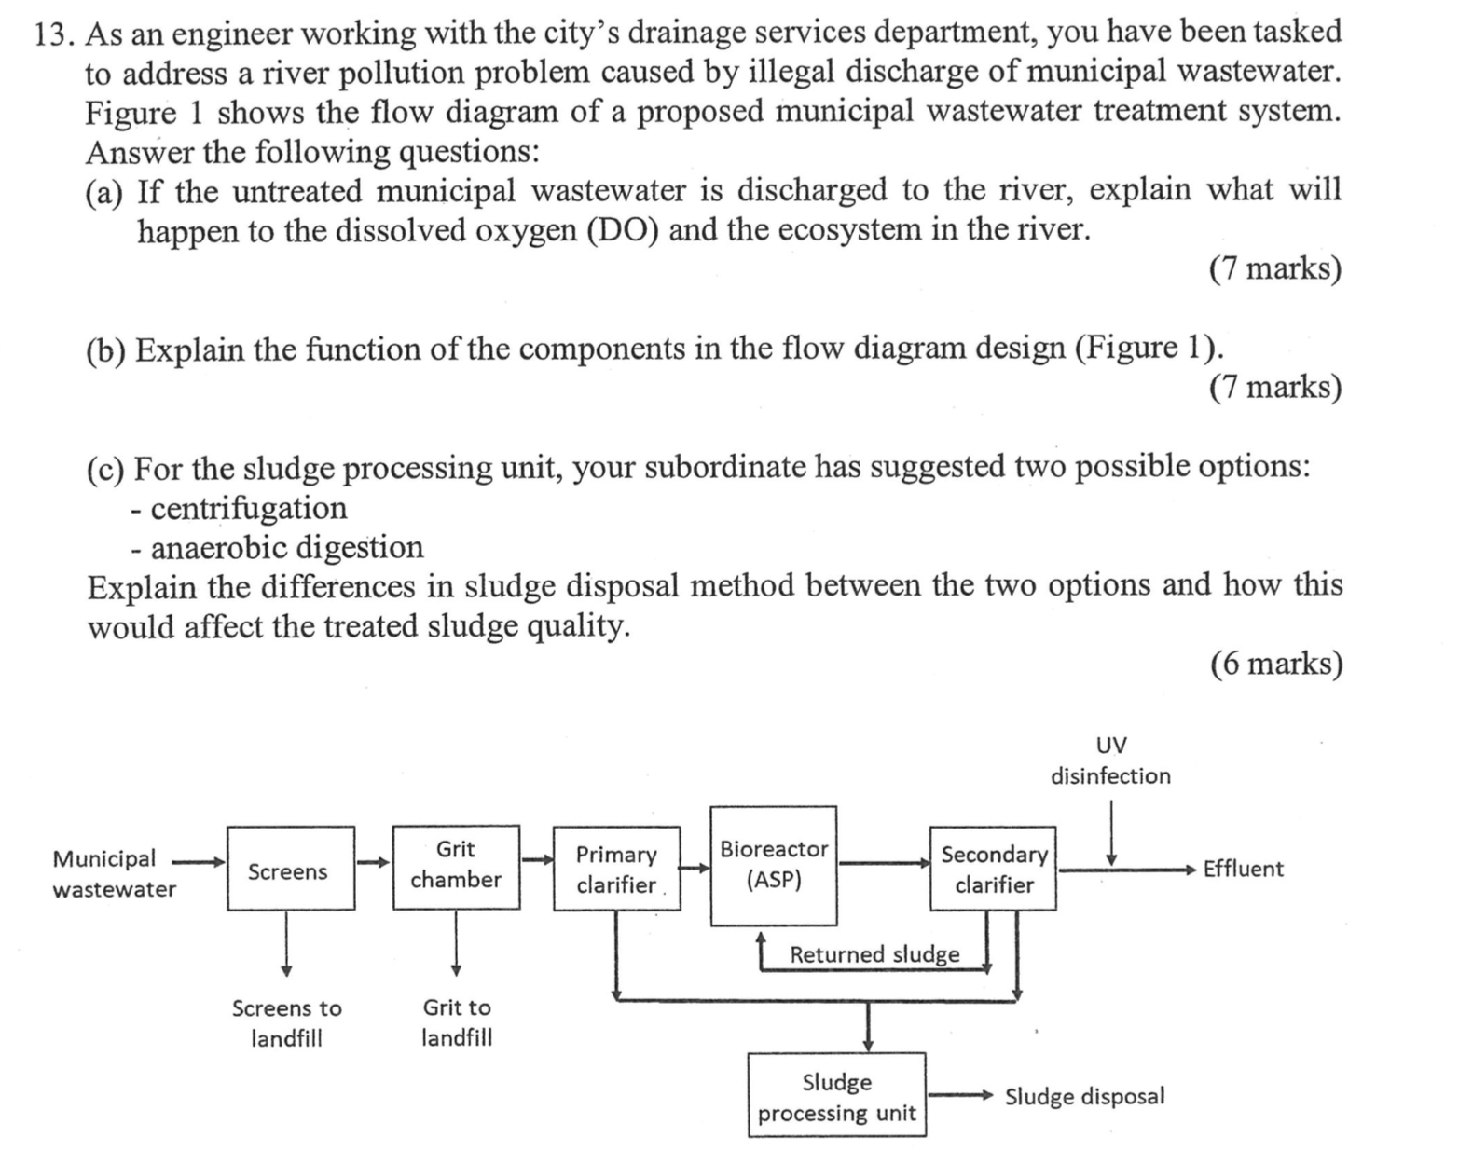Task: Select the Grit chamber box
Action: coord(456,866)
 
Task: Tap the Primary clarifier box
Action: coord(616,869)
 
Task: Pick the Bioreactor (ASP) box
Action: coord(773,865)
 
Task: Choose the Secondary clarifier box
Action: coord(993,869)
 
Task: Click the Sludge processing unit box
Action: coord(836,1096)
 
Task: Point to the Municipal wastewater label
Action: coord(113,873)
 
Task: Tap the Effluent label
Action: coord(1243,869)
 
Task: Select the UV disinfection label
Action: coord(1110,760)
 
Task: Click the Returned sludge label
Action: coord(874,954)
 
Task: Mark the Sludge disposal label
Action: coord(1084,1096)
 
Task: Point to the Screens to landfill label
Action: coord(286,1022)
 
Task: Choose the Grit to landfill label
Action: coord(456,1022)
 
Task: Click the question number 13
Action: coord(54,34)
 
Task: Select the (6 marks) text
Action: coord(1275,664)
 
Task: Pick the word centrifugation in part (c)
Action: coord(248,508)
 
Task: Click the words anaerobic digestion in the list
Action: coord(286,547)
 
